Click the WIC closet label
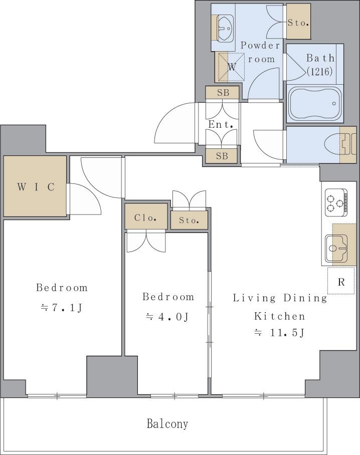pyautogui.click(x=36, y=187)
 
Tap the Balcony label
pyautogui.click(x=167, y=424)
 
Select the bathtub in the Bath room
pyautogui.click(x=315, y=104)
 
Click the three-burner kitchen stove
pyautogui.click(x=336, y=202)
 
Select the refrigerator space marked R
pyautogui.click(x=341, y=281)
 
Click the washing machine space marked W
pyautogui.click(x=230, y=67)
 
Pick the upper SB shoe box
pyautogui.click(x=223, y=93)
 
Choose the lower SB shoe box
pyautogui.click(x=222, y=156)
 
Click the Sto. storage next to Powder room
pyautogui.click(x=298, y=22)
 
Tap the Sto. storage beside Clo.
pyautogui.click(x=189, y=220)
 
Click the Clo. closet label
pyautogui.click(x=146, y=217)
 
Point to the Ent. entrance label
pyautogui.click(x=221, y=124)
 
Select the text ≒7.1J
pyautogui.click(x=62, y=308)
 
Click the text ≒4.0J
pyautogui.click(x=167, y=317)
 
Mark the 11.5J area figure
pyautogui.click(x=287, y=333)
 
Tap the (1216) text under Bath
pyautogui.click(x=320, y=71)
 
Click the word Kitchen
pyautogui.click(x=280, y=316)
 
